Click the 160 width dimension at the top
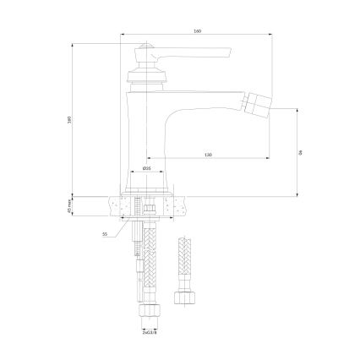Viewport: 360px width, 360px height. (x=197, y=31)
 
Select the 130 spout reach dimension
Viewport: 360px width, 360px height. (x=207, y=155)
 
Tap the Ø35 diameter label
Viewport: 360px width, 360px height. (x=146, y=169)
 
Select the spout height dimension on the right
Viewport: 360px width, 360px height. (x=300, y=152)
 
